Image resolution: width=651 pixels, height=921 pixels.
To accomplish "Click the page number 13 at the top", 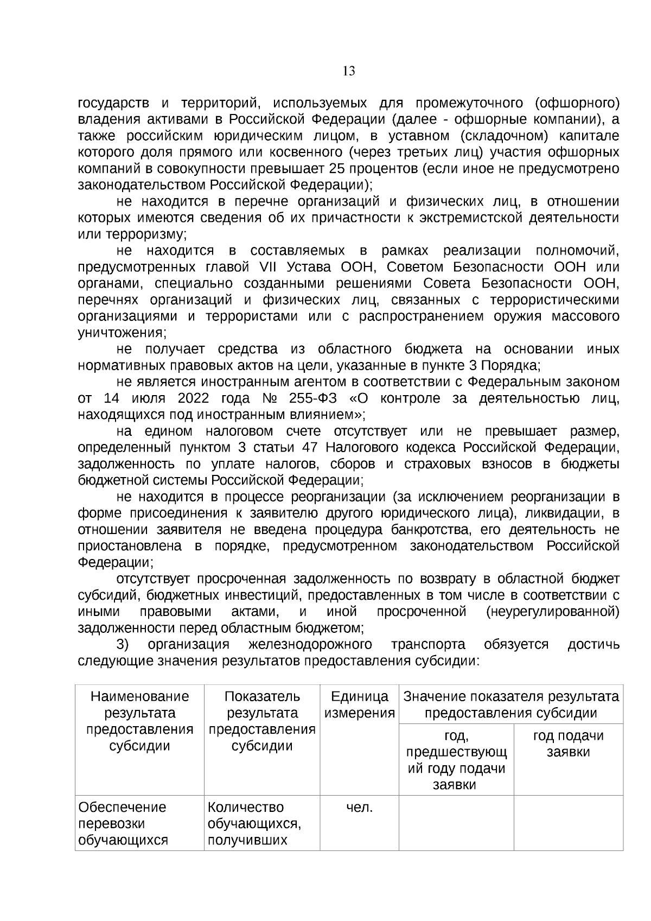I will point(349,71).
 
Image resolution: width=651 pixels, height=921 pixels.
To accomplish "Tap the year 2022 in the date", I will point(193,398).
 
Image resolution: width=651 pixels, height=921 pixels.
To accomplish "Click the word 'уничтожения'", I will point(122,333).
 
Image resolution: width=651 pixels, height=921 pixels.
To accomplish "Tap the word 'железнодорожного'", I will point(310,644).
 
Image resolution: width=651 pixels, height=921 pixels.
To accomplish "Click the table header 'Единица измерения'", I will point(359,704).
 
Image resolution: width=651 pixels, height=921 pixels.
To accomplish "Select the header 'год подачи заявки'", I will point(568,744).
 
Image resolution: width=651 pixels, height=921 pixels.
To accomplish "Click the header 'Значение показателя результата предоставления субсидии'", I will point(510,704).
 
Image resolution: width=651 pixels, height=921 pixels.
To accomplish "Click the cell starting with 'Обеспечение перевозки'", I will point(139,823).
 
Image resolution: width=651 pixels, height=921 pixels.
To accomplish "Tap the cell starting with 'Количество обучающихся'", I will point(262,823).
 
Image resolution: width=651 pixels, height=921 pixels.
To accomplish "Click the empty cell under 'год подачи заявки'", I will point(568,823).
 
